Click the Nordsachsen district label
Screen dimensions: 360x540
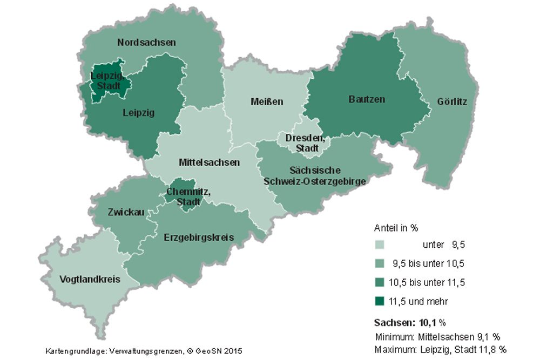tap(146, 42)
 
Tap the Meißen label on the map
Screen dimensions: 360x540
tap(267, 101)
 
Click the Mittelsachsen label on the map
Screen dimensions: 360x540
tap(209, 162)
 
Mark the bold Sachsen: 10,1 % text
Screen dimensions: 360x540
tap(409, 323)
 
